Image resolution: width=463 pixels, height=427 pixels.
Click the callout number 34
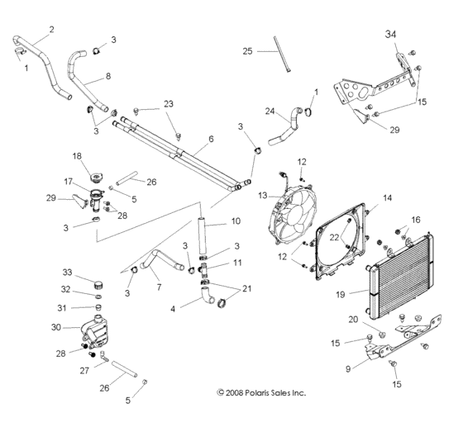pyautogui.click(x=390, y=34)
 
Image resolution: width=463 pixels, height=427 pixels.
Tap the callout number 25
pyautogui.click(x=246, y=51)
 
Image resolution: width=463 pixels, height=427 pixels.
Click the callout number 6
pyautogui.click(x=210, y=140)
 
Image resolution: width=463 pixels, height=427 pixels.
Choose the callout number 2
pyautogui.click(x=51, y=30)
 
